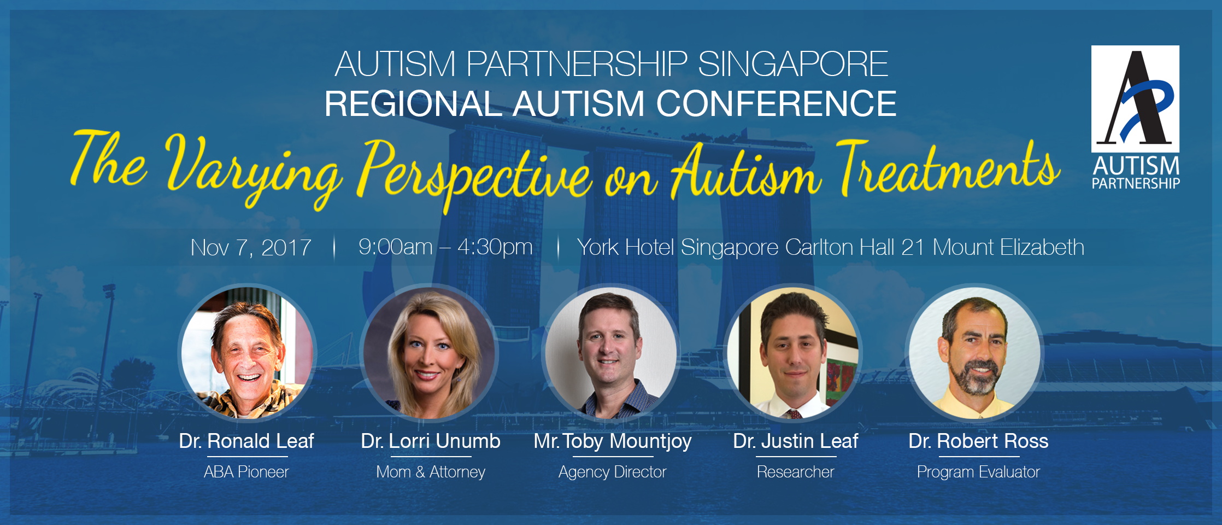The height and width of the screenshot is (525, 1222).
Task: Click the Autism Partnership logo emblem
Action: click(1135, 98)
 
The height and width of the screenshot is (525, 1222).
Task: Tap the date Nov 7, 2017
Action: click(251, 248)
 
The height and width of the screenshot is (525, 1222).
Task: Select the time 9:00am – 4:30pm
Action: click(445, 247)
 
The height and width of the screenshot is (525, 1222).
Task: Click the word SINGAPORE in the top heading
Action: click(793, 64)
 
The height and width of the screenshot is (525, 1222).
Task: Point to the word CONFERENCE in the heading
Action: click(776, 103)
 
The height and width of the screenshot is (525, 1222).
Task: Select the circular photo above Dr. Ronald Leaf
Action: click(248, 353)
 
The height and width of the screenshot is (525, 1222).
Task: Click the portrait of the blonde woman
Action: click(429, 353)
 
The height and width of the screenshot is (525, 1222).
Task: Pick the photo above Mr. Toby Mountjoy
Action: click(611, 353)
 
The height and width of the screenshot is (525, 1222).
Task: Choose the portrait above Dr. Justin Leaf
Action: click(793, 353)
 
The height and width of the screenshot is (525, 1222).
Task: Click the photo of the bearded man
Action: click(975, 353)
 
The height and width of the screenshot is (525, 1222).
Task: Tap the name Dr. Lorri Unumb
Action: click(430, 441)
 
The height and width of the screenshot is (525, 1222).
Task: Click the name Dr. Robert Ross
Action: click(978, 441)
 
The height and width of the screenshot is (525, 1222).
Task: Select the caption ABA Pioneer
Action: click(246, 472)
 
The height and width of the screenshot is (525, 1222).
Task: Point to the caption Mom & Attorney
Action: click(430, 472)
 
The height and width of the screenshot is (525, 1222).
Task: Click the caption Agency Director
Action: click(612, 472)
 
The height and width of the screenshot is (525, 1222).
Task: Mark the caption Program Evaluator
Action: click(978, 472)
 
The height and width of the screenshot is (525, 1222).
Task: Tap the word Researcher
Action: click(795, 472)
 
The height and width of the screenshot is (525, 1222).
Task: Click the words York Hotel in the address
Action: click(625, 247)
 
